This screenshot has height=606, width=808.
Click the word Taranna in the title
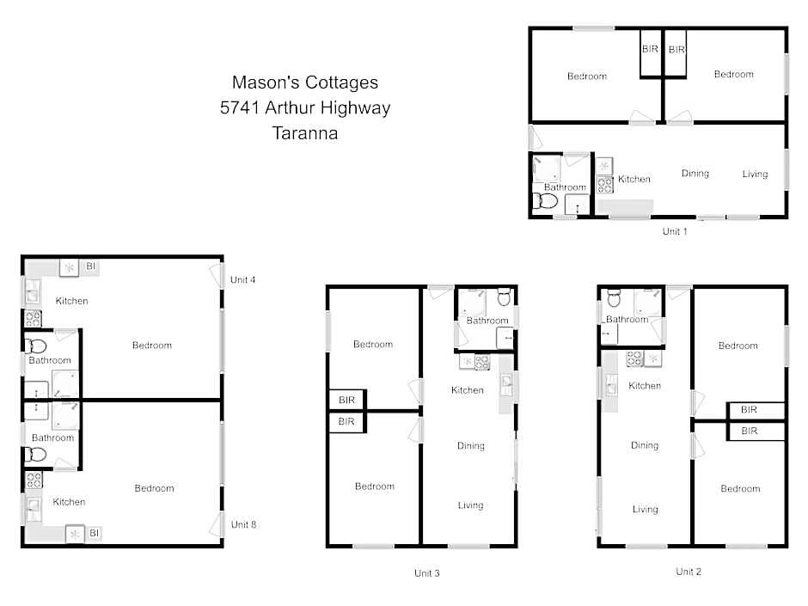(x=305, y=133)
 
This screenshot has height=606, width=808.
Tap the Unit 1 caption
(x=675, y=231)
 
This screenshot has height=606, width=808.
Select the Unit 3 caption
(x=426, y=573)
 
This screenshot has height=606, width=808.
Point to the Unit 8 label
(x=243, y=524)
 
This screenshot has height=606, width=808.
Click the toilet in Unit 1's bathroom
(x=545, y=201)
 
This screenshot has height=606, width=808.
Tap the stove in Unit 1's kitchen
(x=604, y=185)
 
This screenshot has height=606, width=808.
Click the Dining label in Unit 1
(x=695, y=174)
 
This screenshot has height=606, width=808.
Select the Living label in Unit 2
(x=646, y=509)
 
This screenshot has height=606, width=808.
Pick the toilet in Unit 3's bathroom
(x=504, y=297)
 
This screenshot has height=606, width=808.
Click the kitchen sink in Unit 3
(x=506, y=384)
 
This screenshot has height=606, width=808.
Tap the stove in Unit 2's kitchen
(x=634, y=358)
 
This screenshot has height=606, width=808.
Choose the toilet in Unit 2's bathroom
(x=614, y=298)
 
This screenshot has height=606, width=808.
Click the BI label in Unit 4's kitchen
(x=91, y=266)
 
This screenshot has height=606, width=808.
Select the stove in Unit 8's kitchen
(x=34, y=481)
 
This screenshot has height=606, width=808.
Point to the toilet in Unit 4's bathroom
(x=35, y=346)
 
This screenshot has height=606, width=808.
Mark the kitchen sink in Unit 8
(x=33, y=508)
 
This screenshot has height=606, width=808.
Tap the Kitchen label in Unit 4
(x=71, y=301)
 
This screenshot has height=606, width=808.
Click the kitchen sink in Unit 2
(x=611, y=385)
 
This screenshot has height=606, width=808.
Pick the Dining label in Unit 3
(x=471, y=446)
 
